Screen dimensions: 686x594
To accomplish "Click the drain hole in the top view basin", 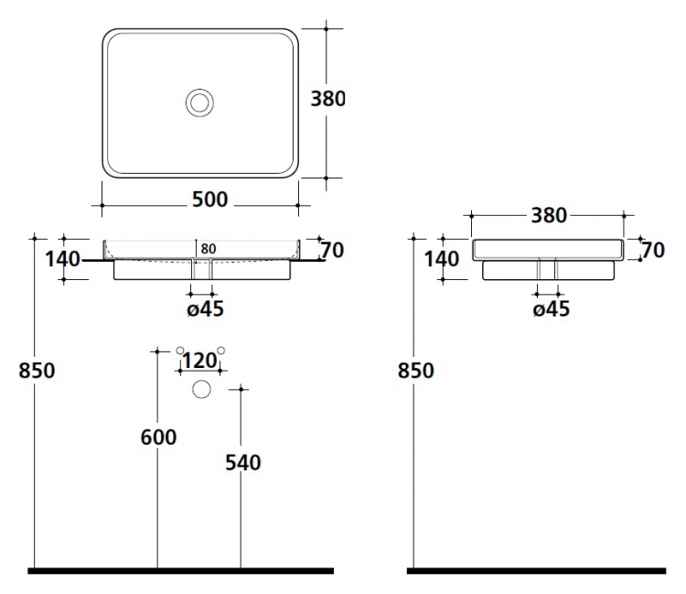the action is (200, 103).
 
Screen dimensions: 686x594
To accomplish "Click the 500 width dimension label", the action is (210, 200).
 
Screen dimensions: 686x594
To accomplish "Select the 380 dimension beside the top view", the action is (327, 99).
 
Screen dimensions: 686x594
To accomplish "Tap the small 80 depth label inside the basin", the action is (209, 249).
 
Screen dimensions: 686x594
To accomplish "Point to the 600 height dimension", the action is (158, 437).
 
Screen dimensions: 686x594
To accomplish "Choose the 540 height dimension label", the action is (242, 463).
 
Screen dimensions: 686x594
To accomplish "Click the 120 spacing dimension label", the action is (199, 361).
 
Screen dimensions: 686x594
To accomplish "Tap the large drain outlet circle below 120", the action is (202, 389).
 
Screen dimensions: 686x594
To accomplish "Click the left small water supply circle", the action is (180, 351).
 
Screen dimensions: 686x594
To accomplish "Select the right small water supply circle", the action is (221, 351).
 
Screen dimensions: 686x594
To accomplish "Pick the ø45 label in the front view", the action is (205, 309).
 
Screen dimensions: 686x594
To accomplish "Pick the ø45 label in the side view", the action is (552, 309).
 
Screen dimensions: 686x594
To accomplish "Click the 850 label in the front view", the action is (37, 371).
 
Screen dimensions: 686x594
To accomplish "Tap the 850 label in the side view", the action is (416, 371).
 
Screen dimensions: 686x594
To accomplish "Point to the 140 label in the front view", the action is (63, 259).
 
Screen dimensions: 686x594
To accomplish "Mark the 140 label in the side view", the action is (442, 259).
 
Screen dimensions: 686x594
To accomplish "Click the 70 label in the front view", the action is (333, 251).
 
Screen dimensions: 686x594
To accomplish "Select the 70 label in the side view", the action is (653, 251).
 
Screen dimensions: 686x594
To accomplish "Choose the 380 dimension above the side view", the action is (549, 215).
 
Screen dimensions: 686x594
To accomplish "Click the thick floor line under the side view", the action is (536, 571).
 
